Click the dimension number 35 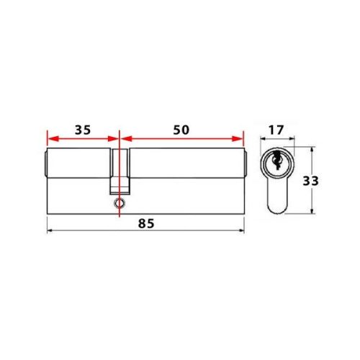pyautogui.click(x=83, y=130)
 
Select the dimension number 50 pyautogui.click(x=180, y=130)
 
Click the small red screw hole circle pyautogui.click(x=118, y=204)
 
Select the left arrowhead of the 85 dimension pyautogui.click(x=50, y=231)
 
